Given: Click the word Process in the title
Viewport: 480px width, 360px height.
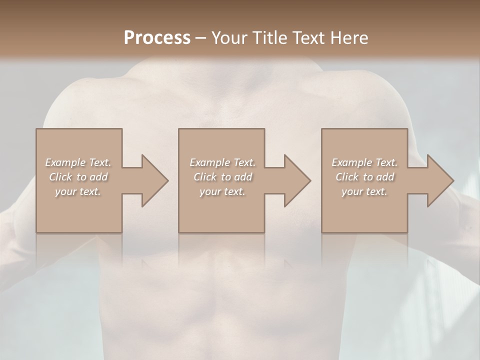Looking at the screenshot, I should [157, 38].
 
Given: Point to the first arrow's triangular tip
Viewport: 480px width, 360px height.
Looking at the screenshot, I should [160, 180].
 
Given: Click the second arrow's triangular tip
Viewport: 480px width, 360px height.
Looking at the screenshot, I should [302, 180].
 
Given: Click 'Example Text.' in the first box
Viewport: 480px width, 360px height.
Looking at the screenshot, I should [78, 162].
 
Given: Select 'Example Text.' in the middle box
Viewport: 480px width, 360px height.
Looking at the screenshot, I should [222, 162].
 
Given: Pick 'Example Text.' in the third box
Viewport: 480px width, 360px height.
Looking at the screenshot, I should [364, 162].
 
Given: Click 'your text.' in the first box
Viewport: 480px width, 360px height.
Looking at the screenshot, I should [78, 191].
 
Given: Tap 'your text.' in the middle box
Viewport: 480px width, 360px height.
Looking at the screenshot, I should [222, 191].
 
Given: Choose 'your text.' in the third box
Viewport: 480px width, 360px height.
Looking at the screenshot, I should [364, 191].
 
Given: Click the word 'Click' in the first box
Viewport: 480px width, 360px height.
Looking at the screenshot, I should [60, 177].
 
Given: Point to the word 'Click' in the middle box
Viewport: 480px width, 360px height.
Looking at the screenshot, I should [204, 177].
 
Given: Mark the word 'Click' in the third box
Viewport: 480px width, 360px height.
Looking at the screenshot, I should [347, 177].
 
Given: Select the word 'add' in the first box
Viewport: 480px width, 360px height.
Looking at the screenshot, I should [98, 177].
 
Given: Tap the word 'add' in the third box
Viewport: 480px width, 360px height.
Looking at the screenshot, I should [385, 177].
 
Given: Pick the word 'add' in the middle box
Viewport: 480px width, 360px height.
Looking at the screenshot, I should [243, 177].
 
